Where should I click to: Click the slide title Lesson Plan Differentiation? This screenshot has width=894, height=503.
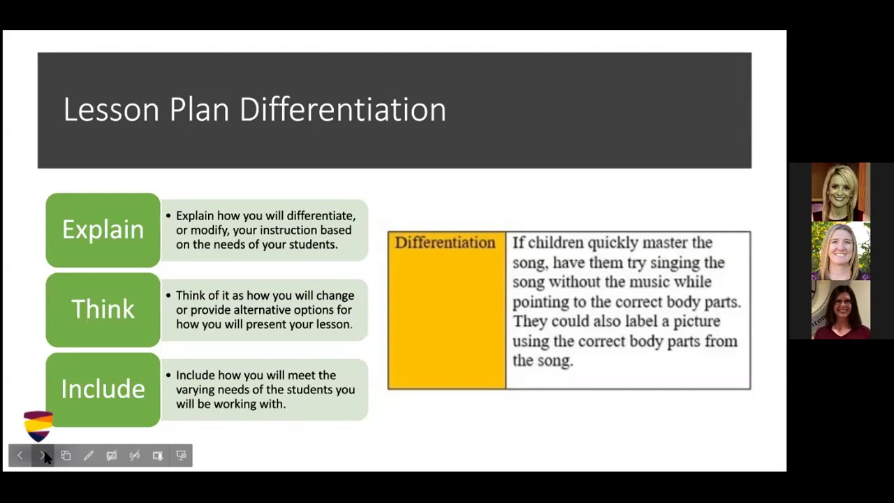254,110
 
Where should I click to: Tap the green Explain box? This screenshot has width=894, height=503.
103,230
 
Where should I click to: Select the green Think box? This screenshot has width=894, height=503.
103,309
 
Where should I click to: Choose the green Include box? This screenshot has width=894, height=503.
103,389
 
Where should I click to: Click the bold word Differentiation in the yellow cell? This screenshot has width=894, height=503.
445,243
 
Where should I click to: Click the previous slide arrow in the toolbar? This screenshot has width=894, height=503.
20,455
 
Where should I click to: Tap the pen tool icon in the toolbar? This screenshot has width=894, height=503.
89,455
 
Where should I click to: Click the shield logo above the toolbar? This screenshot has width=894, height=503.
38,425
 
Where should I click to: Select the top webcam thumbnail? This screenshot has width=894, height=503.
841,192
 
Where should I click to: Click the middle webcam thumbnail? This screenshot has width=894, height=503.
841,251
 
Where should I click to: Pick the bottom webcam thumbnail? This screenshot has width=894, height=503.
841,309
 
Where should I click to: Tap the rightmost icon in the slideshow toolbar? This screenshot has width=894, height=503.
181,455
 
